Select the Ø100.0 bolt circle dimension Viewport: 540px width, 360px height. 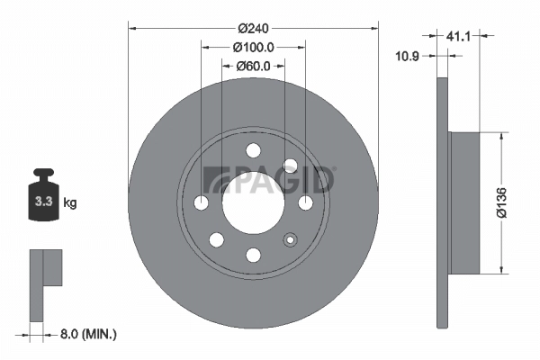pyautogui.click(x=253, y=46)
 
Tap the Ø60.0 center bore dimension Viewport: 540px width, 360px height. pyautogui.click(x=253, y=65)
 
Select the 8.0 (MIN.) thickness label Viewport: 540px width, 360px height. pyautogui.click(x=85, y=334)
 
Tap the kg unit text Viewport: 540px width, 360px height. pyautogui.click(x=70, y=203)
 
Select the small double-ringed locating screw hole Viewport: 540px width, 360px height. pyautogui.click(x=290, y=239)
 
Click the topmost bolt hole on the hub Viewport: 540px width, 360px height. pyautogui.click(x=253, y=149)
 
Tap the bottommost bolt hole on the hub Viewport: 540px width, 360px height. pyautogui.click(x=253, y=255)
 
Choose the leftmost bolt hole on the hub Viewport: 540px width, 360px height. pyautogui.click(x=201, y=202)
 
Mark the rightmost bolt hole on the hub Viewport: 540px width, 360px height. pyautogui.click(x=305, y=202)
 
